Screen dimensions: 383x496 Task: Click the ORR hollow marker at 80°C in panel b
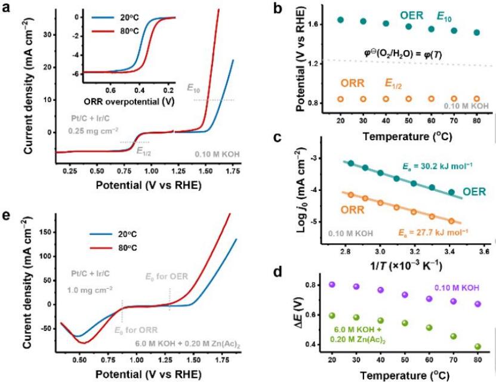pyautogui.click(x=476, y=98)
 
